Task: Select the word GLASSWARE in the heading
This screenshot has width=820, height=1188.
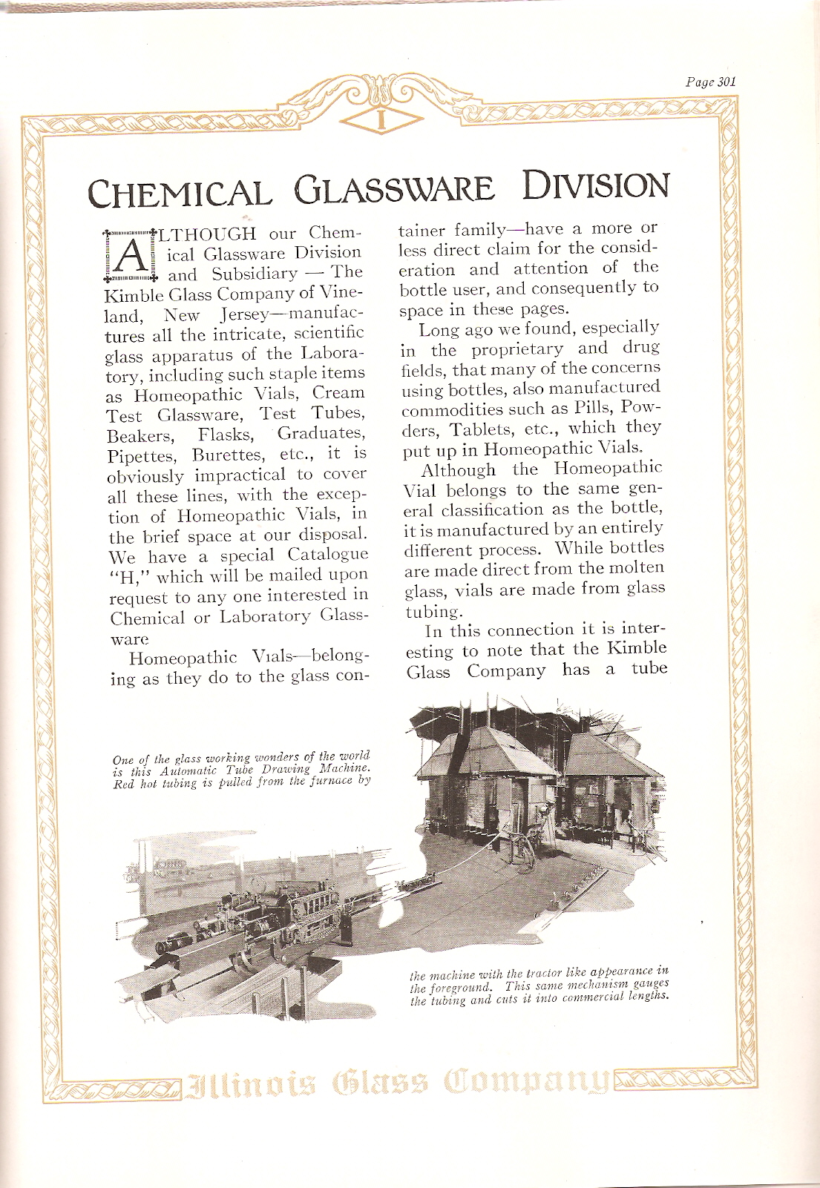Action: pos(395,189)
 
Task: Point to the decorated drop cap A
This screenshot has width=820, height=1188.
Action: pos(131,254)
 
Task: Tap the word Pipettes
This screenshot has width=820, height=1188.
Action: pos(140,455)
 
